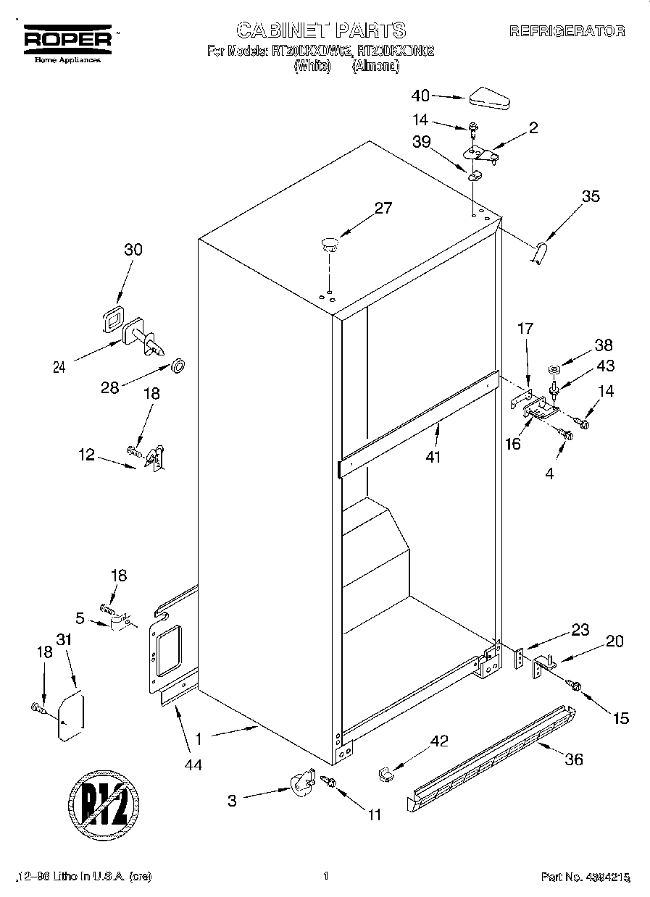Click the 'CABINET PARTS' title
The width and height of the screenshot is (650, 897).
pyautogui.click(x=321, y=30)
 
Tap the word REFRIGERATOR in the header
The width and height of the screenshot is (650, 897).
pyautogui.click(x=567, y=31)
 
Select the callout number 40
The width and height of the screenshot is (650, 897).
pyautogui.click(x=420, y=95)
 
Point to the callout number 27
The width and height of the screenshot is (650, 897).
pyautogui.click(x=383, y=209)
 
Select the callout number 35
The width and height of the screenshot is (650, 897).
pyautogui.click(x=591, y=195)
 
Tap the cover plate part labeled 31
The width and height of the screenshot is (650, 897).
pyautogui.click(x=70, y=717)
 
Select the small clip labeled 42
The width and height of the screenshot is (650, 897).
pyautogui.click(x=385, y=775)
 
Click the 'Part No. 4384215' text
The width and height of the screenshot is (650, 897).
pyautogui.click(x=586, y=877)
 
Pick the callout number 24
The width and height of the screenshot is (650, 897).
pyautogui.click(x=60, y=367)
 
